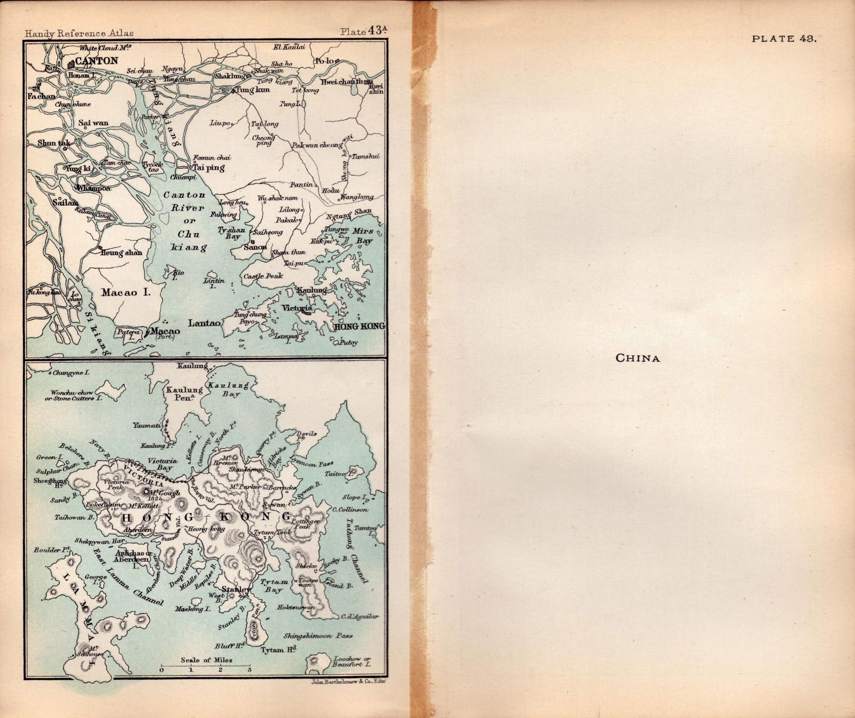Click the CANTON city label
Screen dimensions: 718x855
point(96,61)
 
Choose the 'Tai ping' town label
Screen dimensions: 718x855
point(208,167)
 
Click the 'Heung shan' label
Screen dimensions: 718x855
point(121,252)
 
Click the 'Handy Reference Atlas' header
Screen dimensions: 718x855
point(79,33)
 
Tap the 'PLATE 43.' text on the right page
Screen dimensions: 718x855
point(784,38)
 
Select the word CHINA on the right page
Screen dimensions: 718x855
point(638,358)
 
